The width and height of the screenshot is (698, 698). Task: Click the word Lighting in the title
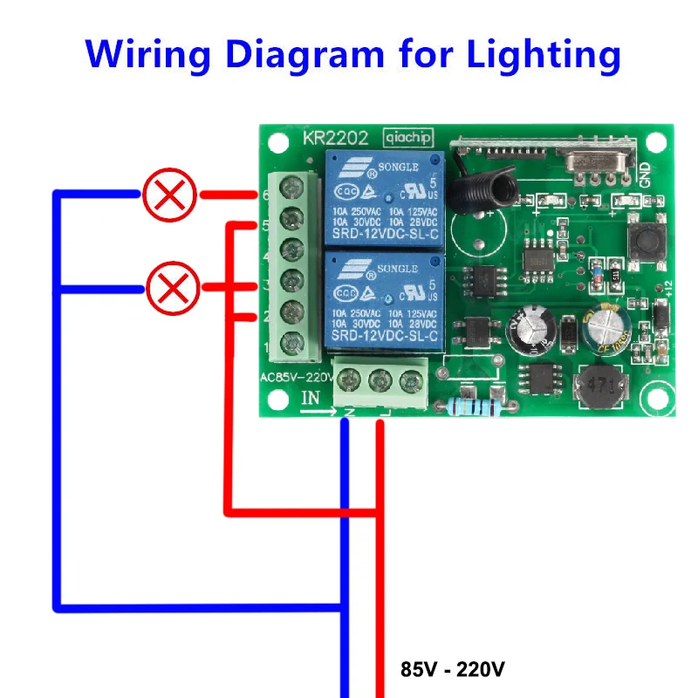[x=544, y=54]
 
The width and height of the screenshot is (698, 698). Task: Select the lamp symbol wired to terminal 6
[x=169, y=195]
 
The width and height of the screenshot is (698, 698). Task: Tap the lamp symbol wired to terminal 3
[x=172, y=287]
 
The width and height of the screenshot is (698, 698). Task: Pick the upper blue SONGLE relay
[x=383, y=199]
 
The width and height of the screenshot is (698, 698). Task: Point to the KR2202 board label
[x=335, y=138]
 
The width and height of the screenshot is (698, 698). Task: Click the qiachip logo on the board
[x=407, y=138]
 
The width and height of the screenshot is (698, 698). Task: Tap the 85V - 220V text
[x=452, y=670]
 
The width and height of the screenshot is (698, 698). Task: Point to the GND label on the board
[x=645, y=174]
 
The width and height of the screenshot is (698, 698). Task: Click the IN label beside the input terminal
[x=311, y=398]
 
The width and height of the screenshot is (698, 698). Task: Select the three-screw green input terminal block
[x=380, y=381]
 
